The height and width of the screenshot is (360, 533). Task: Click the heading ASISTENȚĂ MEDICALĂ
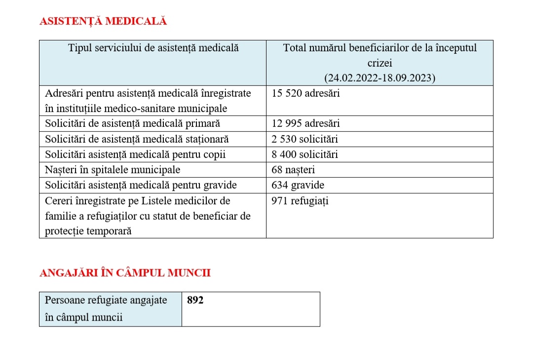pyautogui.click(x=103, y=21)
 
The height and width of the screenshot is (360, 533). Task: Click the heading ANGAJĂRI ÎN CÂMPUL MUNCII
pyautogui.click(x=125, y=273)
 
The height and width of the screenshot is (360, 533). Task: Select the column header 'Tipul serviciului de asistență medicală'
pyautogui.click(x=153, y=48)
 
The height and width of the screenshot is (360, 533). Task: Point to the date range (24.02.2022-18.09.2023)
pyautogui.click(x=380, y=78)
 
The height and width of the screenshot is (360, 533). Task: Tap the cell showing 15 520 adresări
pyautogui.click(x=305, y=93)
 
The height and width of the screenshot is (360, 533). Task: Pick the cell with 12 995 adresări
pyautogui.click(x=305, y=123)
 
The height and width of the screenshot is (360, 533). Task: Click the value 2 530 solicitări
pyautogui.click(x=305, y=139)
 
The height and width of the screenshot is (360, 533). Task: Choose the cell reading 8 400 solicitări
pyautogui.click(x=305, y=155)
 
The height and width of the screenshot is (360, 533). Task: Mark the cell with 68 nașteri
pyautogui.click(x=293, y=170)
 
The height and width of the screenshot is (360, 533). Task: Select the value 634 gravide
pyautogui.click(x=298, y=185)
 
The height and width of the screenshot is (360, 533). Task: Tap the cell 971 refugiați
pyautogui.click(x=300, y=201)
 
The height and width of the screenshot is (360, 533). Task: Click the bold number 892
pyautogui.click(x=195, y=300)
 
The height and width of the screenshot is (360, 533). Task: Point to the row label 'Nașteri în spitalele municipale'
pyautogui.click(x=113, y=170)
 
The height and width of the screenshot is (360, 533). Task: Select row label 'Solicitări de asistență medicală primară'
pyautogui.click(x=132, y=123)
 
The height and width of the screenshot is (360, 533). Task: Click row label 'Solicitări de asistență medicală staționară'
pyautogui.click(x=137, y=139)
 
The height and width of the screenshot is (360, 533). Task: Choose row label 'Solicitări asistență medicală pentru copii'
pyautogui.click(x=135, y=155)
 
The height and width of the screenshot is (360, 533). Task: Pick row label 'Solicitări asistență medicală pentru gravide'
pyautogui.click(x=141, y=185)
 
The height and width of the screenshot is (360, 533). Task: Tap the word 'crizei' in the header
pyautogui.click(x=380, y=63)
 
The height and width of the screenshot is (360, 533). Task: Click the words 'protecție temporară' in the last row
pyautogui.click(x=88, y=231)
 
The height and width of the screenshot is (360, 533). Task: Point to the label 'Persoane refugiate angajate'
pyautogui.click(x=106, y=300)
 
